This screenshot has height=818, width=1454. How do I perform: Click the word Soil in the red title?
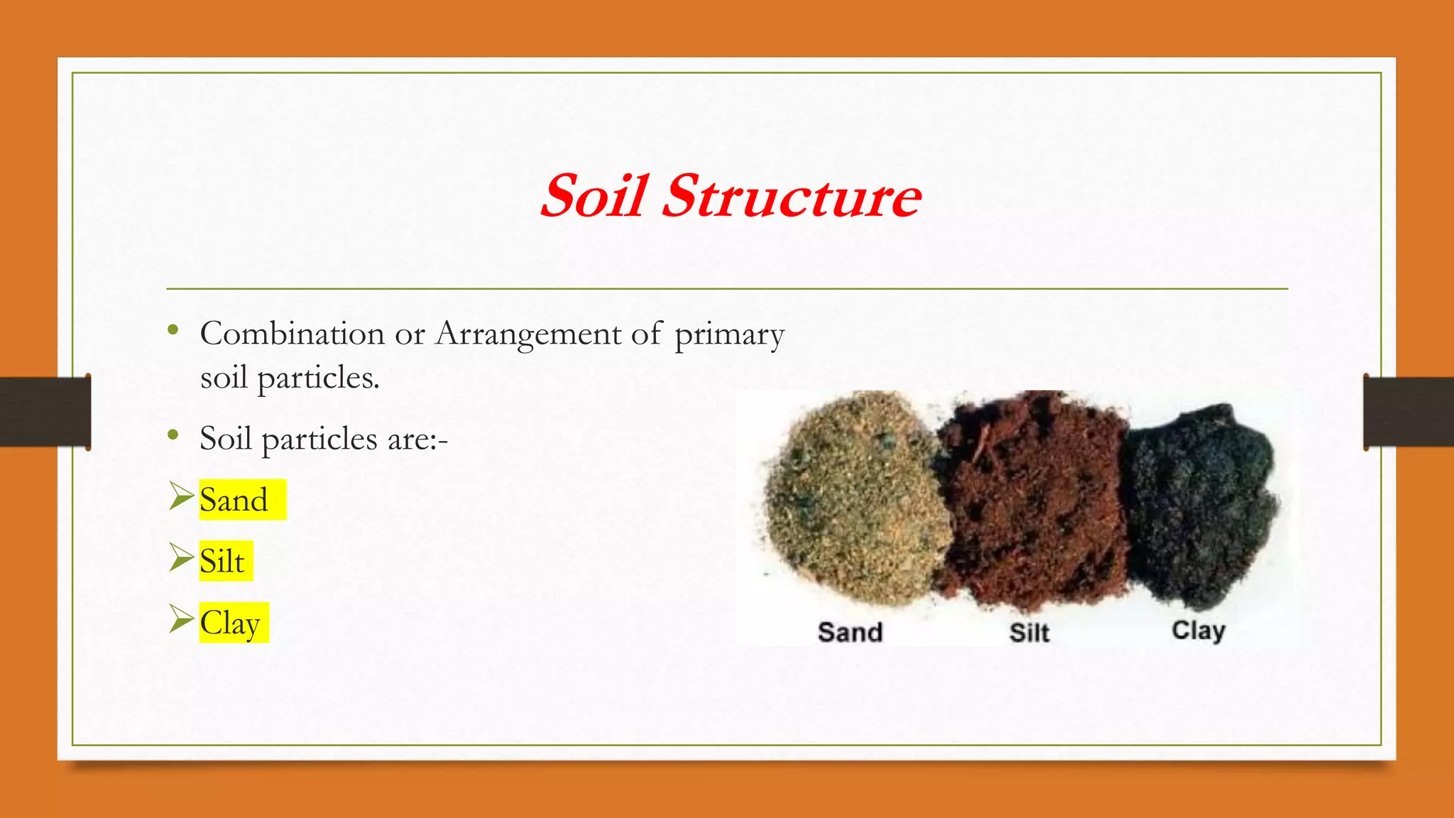coord(595,196)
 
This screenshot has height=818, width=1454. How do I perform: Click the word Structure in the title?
coord(791,196)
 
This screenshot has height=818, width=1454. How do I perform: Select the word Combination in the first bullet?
coord(292,334)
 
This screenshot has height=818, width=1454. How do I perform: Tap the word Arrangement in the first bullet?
coord(528,334)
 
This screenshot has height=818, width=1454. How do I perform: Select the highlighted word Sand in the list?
coord(234,500)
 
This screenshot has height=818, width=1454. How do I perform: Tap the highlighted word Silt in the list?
coord(222,562)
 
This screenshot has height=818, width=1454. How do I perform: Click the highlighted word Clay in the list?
coord(230,623)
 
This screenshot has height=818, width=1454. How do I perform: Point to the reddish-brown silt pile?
coord(1033,497)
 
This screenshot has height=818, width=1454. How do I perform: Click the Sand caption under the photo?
coord(850,632)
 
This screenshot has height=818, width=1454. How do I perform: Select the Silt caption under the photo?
coord(1029,632)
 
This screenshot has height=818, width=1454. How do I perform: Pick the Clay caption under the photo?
coord(1198,631)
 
